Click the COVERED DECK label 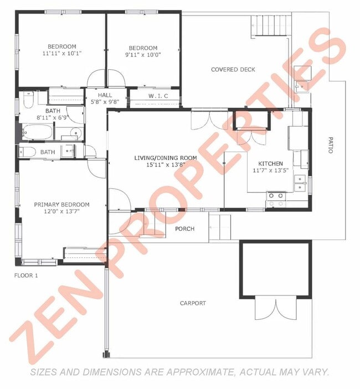coord(233,69)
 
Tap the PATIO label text coord(331,146)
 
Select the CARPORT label coord(193,303)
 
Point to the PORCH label coord(184,229)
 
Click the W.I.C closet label coord(155,96)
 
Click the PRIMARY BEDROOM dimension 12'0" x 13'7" coord(61,212)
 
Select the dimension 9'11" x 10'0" coord(143,55)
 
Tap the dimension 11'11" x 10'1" coord(61,54)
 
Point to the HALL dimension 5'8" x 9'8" coord(105,101)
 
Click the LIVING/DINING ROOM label coord(166,158)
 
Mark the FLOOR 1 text coord(26,275)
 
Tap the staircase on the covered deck coord(271,25)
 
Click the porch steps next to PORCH coord(220,227)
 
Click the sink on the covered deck coord(302,85)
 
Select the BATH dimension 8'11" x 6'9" coord(53,117)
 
